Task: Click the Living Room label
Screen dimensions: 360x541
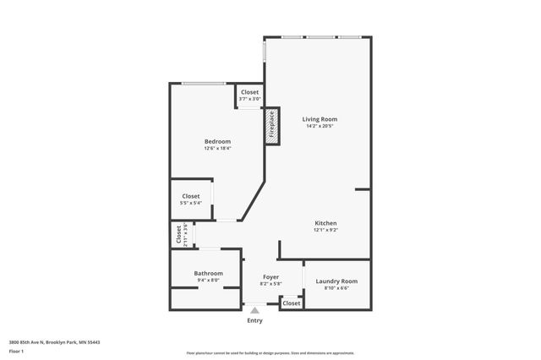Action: pyautogui.click(x=320, y=119)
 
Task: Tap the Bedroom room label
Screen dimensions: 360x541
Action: pyautogui.click(x=217, y=141)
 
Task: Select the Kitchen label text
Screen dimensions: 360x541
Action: pyautogui.click(x=326, y=223)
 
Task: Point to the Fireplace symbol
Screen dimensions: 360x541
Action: pyautogui.click(x=272, y=125)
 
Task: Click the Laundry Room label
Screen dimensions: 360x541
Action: pyautogui.click(x=336, y=281)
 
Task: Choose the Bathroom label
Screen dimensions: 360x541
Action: pyautogui.click(x=208, y=273)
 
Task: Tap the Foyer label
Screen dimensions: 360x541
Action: pyautogui.click(x=270, y=276)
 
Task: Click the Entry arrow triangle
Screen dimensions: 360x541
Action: pyautogui.click(x=254, y=311)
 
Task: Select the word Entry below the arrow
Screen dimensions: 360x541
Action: pyautogui.click(x=254, y=320)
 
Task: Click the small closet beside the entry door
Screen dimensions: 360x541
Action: pyautogui.click(x=291, y=303)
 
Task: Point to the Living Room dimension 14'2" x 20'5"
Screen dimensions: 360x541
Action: pyautogui.click(x=320, y=127)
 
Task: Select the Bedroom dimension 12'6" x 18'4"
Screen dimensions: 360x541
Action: pyautogui.click(x=217, y=149)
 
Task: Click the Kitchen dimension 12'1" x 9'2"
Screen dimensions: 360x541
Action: pyautogui.click(x=326, y=231)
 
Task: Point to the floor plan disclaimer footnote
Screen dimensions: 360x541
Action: pyautogui.click(x=270, y=352)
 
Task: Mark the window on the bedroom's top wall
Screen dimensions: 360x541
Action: pyautogui.click(x=204, y=83)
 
